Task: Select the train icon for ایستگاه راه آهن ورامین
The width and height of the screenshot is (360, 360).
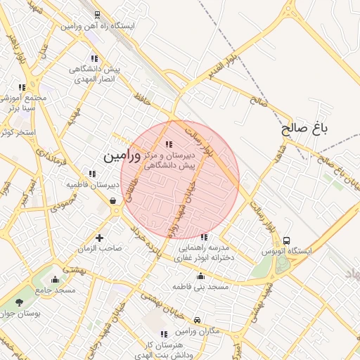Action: point(96,15)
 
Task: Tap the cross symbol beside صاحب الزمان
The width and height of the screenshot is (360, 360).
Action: point(99,238)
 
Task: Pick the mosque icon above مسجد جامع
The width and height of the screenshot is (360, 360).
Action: point(56,279)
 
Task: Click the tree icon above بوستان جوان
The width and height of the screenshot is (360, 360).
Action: point(19,302)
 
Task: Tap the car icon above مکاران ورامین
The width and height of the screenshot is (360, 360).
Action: point(196,320)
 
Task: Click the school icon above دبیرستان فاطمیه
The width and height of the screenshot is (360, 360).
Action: point(91,174)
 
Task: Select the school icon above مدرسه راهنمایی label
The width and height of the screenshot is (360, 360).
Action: point(204,238)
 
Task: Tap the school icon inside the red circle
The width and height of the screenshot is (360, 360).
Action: point(167,144)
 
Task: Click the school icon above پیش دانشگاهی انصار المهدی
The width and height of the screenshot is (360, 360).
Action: point(94,59)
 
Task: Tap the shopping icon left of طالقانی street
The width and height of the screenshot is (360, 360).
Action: point(112,201)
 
